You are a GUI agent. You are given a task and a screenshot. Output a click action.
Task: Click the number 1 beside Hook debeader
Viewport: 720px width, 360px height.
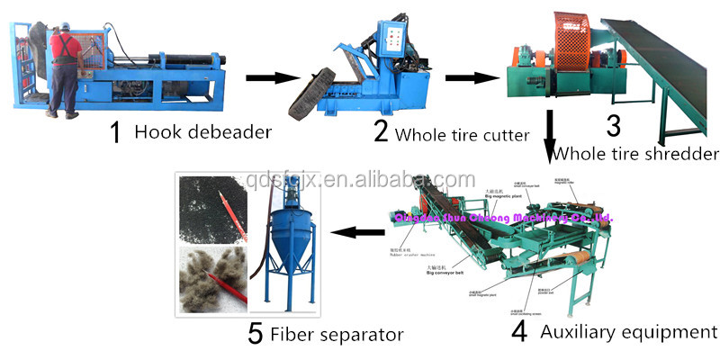[114, 132]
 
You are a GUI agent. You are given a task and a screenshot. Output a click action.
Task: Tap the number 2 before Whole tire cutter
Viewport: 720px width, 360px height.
[381, 132]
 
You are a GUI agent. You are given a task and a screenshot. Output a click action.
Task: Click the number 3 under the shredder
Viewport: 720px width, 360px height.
[612, 125]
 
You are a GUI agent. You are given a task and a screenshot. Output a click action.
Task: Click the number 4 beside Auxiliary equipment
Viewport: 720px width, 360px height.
[518, 331]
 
